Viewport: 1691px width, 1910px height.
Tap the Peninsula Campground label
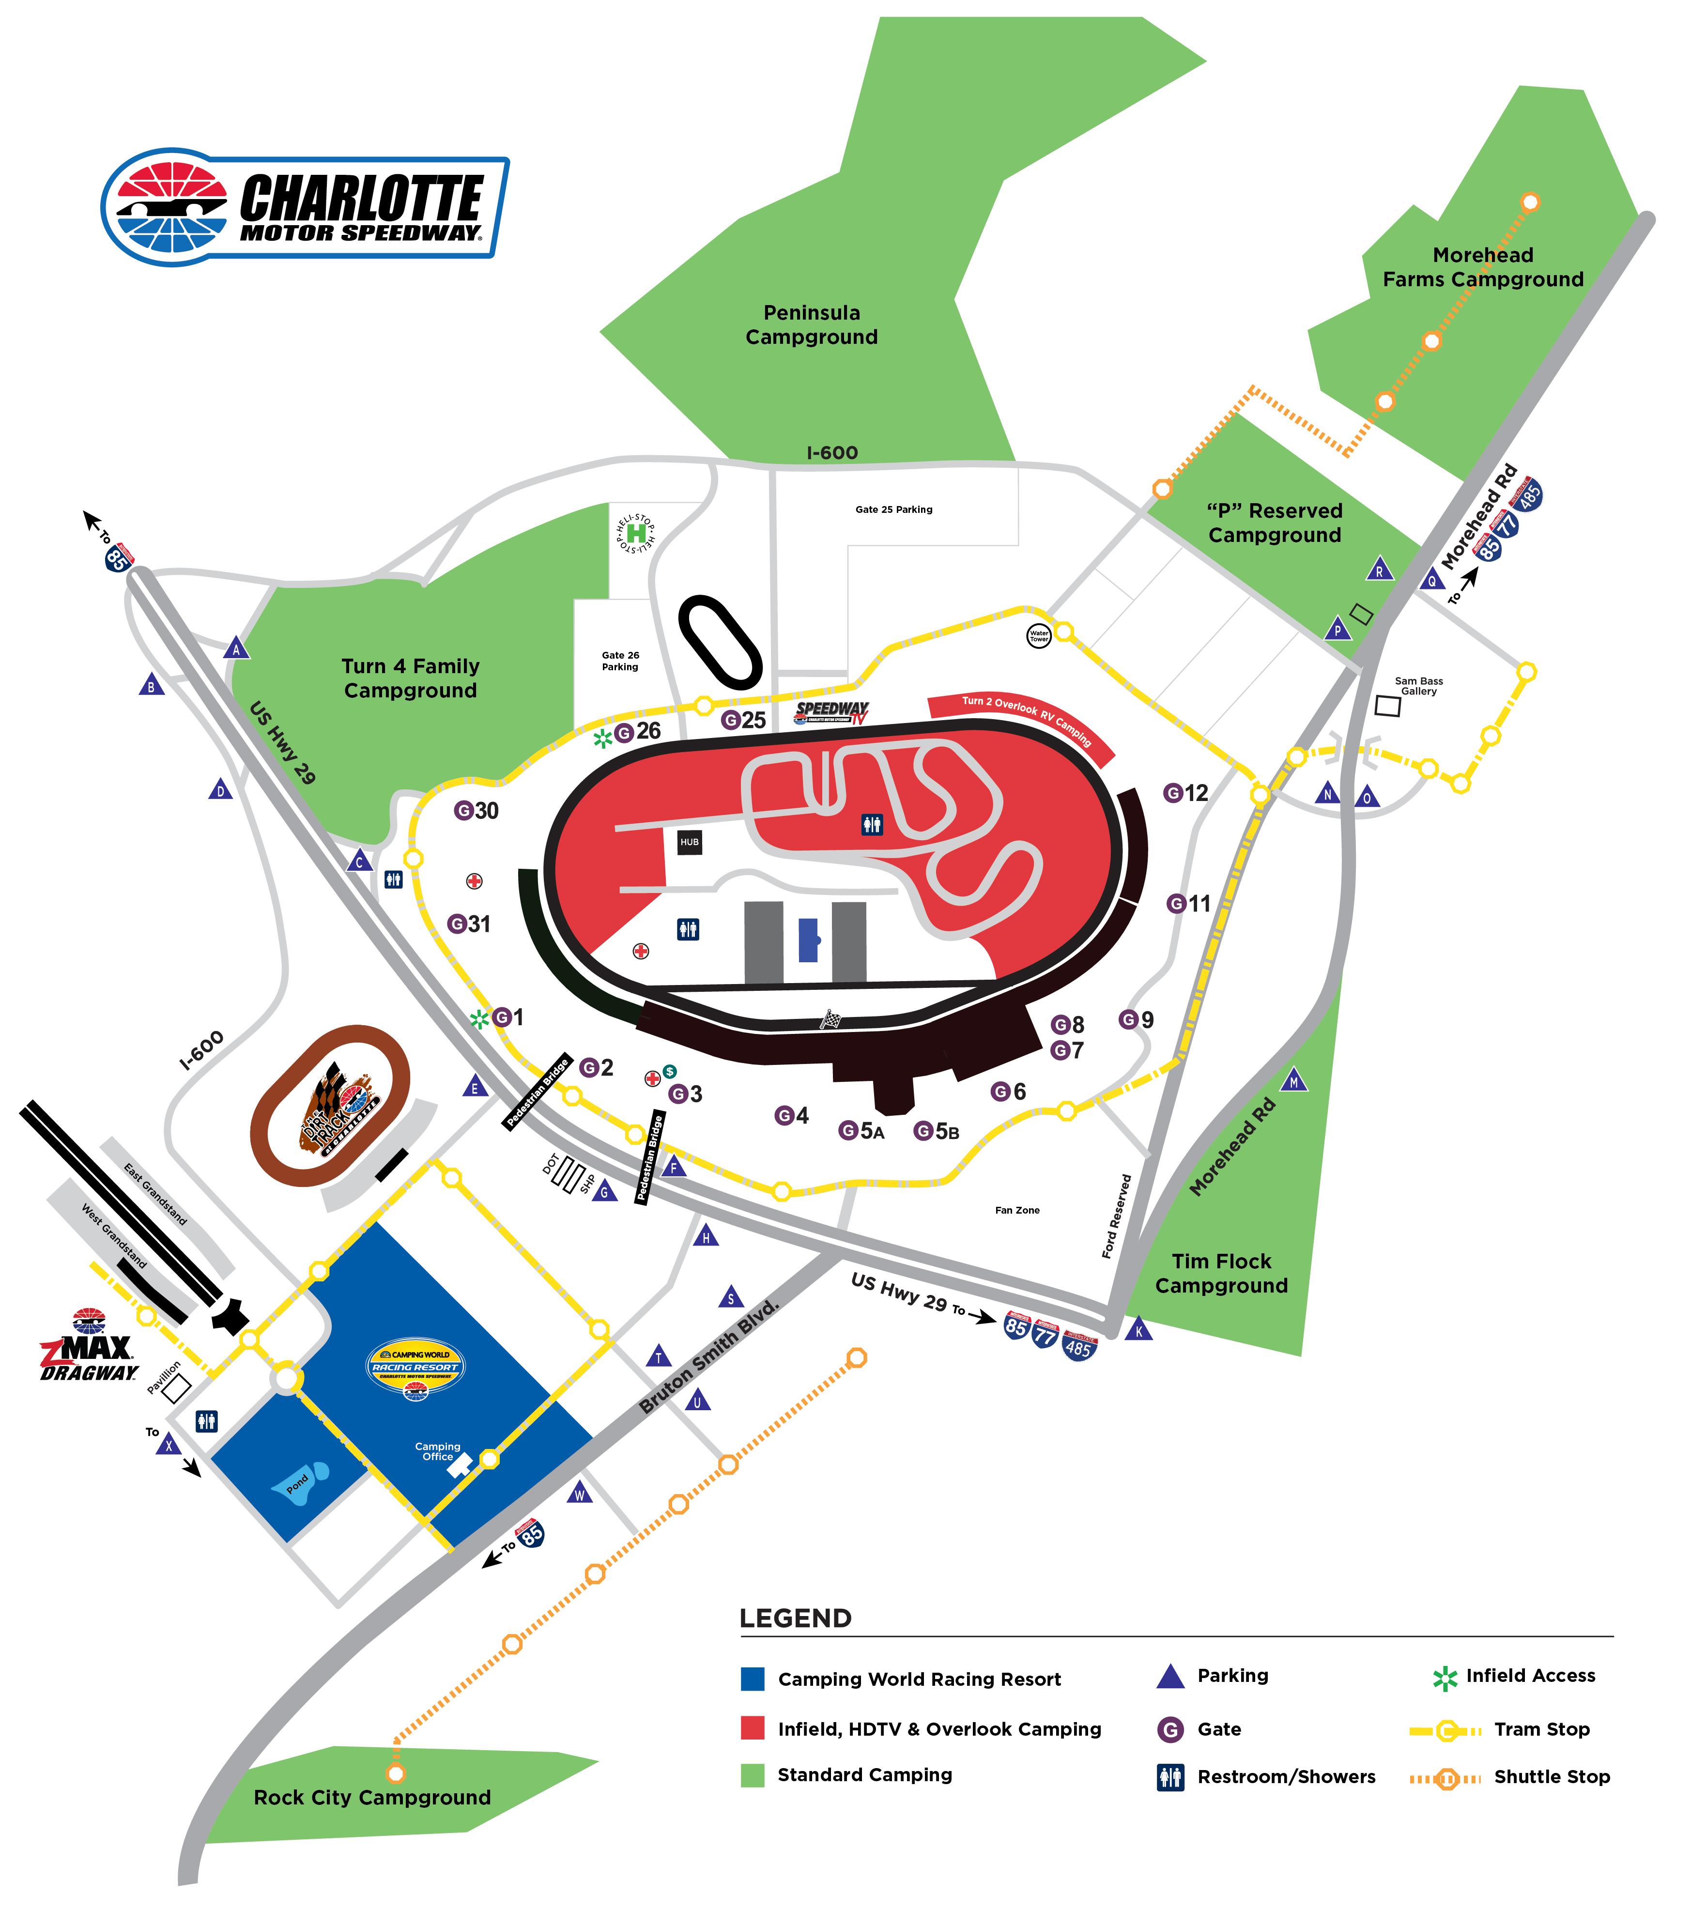coord(811,325)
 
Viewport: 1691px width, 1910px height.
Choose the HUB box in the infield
coord(690,842)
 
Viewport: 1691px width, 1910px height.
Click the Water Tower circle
coord(1039,636)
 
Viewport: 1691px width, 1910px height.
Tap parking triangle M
coord(1294,1081)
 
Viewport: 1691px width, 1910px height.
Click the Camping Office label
coord(437,1451)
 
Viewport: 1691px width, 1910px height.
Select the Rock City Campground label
coord(372,1798)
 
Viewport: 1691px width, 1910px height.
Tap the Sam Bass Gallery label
coord(1418,686)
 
